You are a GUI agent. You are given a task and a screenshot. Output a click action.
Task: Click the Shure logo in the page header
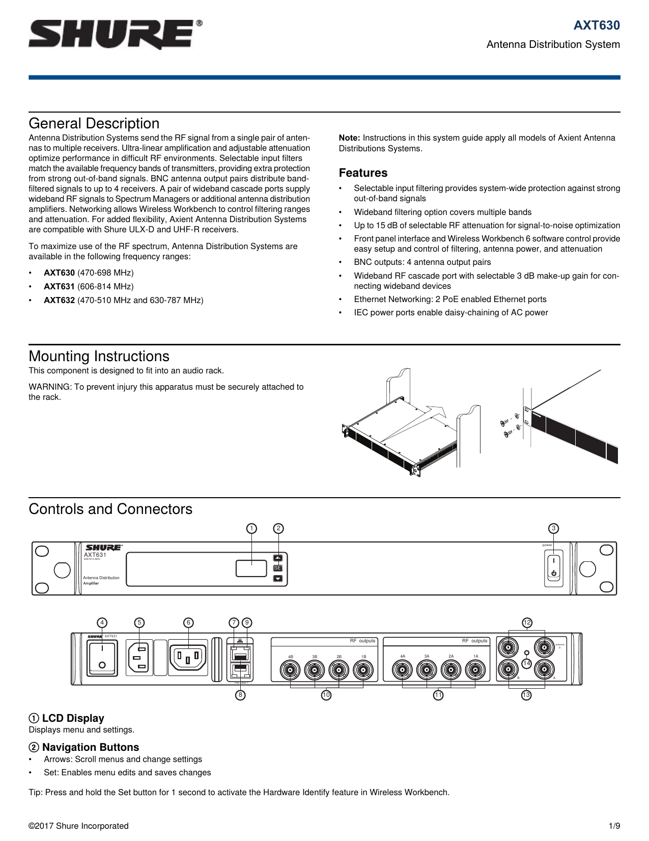point(115,34)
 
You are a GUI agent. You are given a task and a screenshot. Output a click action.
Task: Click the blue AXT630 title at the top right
point(597,25)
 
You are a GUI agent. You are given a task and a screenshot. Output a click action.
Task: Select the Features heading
point(363,173)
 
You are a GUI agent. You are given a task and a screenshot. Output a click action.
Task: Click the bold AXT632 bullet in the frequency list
point(59,300)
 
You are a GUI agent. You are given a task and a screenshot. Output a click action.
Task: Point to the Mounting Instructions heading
point(99,356)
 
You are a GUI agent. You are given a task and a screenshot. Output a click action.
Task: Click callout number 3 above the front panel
point(553,528)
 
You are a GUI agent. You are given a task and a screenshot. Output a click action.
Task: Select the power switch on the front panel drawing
point(553,567)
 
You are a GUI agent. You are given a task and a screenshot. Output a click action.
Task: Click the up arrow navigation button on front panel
point(277,558)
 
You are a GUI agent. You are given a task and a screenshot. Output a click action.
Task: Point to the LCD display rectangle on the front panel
point(251,568)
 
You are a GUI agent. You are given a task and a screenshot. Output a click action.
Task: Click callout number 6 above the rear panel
point(188,622)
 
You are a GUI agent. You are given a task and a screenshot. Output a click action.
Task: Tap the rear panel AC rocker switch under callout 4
point(102,657)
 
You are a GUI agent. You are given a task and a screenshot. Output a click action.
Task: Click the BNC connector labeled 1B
point(363,670)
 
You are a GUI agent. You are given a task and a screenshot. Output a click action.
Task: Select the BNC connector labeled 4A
point(403,670)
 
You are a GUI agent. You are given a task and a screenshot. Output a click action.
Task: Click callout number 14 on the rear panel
point(527,663)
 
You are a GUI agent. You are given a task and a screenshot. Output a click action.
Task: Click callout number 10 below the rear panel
point(326,695)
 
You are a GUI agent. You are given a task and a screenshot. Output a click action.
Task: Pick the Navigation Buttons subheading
point(90,747)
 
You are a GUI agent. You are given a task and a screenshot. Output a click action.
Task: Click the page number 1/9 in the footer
point(614,826)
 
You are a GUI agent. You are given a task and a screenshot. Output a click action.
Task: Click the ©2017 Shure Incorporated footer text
point(78,826)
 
